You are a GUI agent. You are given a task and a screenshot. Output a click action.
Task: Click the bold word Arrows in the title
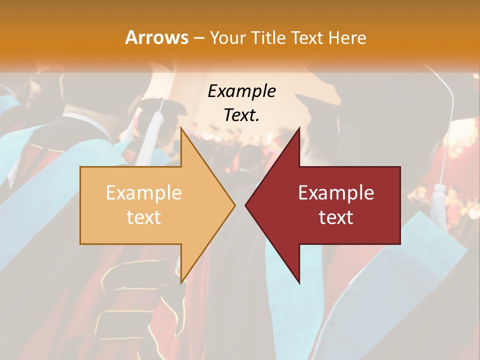click(156, 37)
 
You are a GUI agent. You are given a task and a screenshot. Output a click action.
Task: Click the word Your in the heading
click(227, 37)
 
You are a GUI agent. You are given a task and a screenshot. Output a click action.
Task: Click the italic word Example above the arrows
click(241, 91)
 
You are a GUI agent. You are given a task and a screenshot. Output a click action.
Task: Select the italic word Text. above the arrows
click(241, 115)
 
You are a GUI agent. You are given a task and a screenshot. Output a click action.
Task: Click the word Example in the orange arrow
click(143, 193)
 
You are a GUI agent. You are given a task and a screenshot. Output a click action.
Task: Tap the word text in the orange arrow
click(143, 217)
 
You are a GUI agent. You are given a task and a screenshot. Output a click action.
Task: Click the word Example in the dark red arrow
click(336, 193)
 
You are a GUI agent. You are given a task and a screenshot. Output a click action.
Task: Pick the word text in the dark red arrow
click(336, 217)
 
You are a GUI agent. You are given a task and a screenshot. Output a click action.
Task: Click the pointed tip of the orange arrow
click(235, 205)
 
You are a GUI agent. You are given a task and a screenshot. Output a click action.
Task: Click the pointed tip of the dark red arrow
click(245, 205)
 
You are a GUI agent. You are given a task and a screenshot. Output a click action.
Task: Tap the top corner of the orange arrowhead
click(181, 128)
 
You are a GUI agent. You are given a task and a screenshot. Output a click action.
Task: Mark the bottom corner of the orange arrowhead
click(181, 282)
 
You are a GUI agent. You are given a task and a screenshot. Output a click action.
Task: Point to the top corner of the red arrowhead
click(299, 128)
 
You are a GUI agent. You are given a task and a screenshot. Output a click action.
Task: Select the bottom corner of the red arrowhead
click(299, 282)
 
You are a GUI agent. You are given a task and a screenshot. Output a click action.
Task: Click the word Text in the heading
click(309, 37)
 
